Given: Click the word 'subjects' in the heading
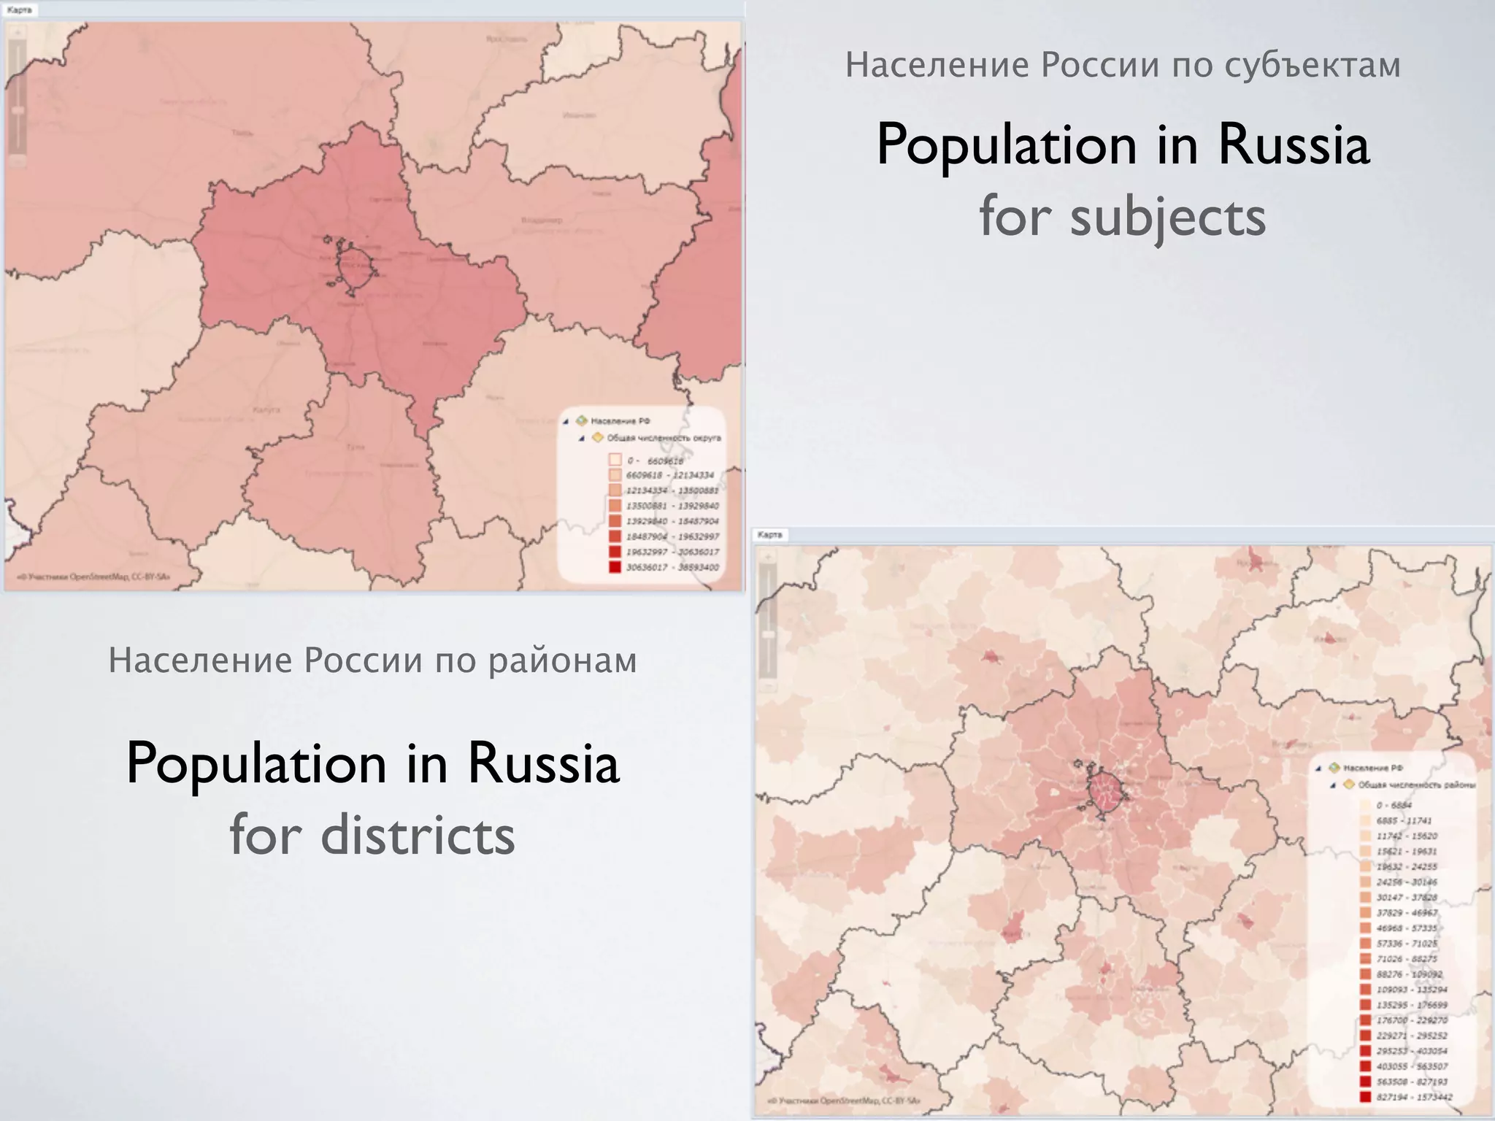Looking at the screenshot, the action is point(1168,217).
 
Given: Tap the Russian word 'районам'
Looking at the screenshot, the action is point(562,660).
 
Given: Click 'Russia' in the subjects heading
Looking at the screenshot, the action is point(1293,145).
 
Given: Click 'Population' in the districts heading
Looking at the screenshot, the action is point(256,763).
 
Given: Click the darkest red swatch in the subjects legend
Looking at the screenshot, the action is point(615,566).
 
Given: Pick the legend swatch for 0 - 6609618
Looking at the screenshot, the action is point(615,460).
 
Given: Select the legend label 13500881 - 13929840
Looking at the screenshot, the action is point(672,506).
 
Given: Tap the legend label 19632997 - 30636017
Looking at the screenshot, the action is point(672,552).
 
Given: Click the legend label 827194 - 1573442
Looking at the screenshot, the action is point(1414,1097).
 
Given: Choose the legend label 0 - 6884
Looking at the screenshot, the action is point(1394,805).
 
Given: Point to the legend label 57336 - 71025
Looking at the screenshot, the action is point(1407,944).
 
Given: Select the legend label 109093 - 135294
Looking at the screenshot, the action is point(1412,990).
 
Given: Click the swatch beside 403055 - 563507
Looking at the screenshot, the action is point(1365,1066).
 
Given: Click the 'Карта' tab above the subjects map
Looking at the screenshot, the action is point(19,10).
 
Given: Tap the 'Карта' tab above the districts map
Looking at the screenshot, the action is point(769,535).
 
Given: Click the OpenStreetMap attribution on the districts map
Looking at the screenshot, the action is point(844,1101).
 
